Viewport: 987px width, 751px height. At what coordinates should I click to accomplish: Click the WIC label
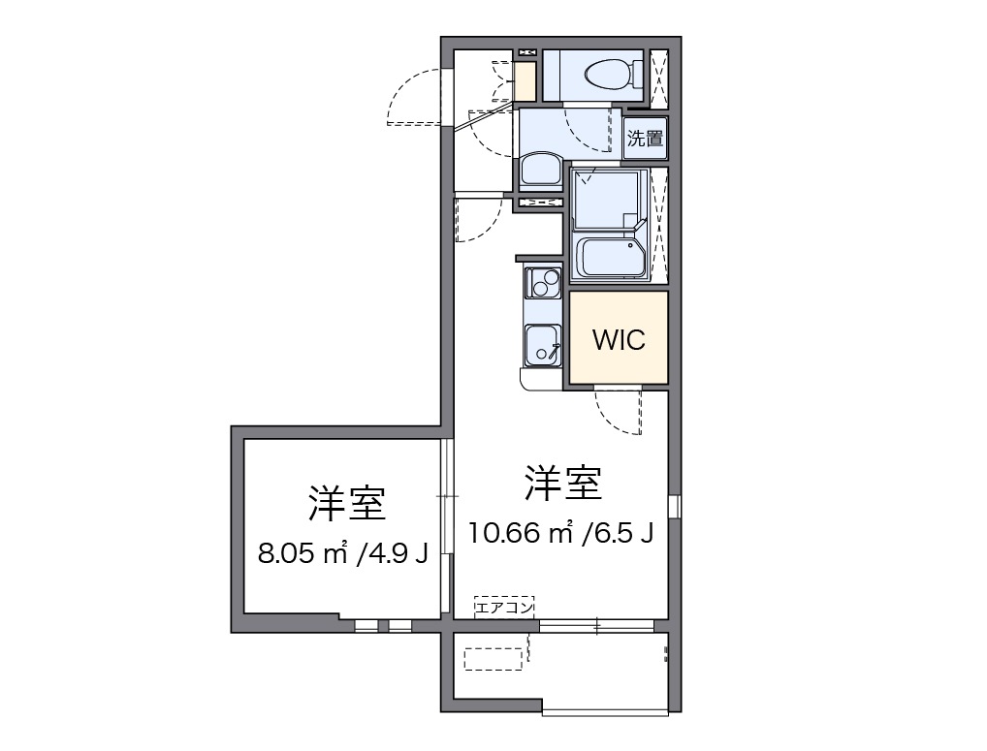coord(618,340)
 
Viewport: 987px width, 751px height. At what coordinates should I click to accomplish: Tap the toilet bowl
coord(608,73)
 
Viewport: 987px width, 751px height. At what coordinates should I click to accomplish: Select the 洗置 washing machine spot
coord(646,138)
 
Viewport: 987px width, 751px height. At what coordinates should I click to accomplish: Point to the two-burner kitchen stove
coord(543,283)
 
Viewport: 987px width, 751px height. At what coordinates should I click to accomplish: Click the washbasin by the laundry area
coord(539,170)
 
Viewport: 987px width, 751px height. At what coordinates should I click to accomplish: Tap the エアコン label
coord(504,608)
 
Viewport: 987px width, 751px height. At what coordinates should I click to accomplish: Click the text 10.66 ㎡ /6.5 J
coord(560,532)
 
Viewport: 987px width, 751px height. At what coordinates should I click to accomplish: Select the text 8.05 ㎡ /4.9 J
coord(343,553)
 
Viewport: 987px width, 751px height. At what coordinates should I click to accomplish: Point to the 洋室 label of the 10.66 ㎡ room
coord(562,483)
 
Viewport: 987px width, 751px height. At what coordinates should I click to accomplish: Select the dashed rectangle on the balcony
coord(493,659)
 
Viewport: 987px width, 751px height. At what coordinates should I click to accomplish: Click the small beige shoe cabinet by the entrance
coord(525,82)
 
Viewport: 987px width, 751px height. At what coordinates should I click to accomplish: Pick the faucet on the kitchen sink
coord(554,351)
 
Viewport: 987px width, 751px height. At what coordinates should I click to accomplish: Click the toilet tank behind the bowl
coord(637,73)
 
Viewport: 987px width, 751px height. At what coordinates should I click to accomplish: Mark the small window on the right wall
coord(674,506)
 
